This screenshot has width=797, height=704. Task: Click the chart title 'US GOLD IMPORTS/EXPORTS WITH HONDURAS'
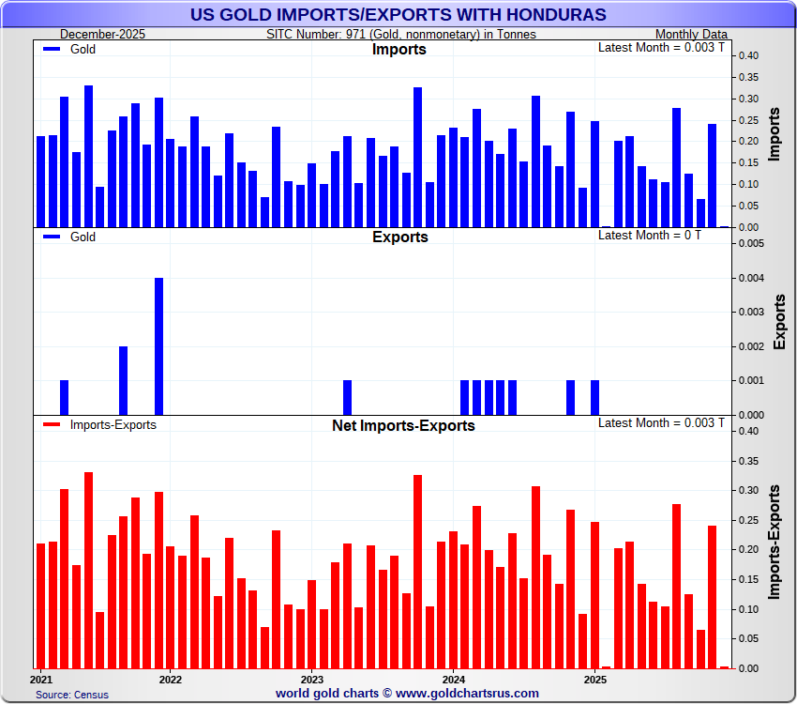[398, 14]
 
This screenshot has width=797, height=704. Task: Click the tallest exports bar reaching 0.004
[158, 345]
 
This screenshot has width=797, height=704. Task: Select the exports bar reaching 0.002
[123, 380]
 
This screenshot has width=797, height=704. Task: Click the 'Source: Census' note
[72, 695]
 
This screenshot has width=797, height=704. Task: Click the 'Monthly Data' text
[690, 34]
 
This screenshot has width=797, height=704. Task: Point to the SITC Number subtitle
[401, 34]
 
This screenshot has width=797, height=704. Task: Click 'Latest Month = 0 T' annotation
[649, 235]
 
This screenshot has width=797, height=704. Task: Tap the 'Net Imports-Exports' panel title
[403, 425]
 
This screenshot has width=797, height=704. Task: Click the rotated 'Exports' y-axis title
[780, 321]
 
